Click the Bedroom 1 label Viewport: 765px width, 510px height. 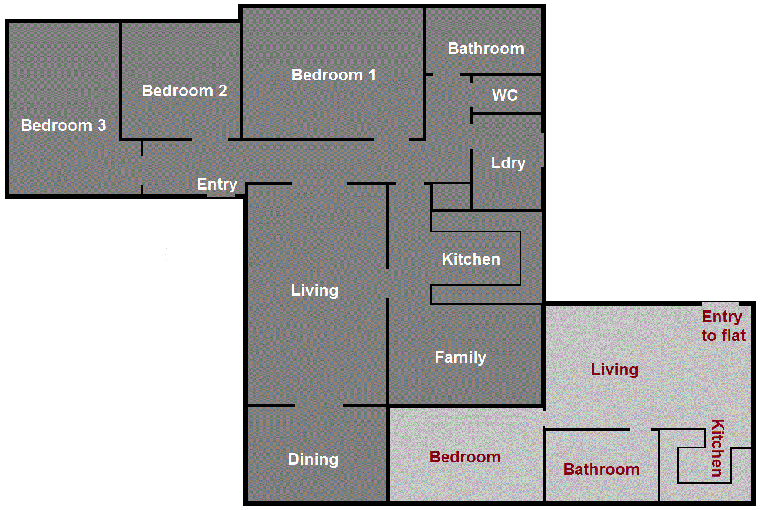333,75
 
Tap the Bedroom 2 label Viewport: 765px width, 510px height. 184,91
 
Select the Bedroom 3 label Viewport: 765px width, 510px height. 63,126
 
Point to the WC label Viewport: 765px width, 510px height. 505,95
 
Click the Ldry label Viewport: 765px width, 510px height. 508,163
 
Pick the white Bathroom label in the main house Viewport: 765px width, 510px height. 486,49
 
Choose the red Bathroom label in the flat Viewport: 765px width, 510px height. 601,470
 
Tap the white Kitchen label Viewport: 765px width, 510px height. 471,259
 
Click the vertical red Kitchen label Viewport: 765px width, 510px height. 717,447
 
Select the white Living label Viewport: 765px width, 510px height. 315,291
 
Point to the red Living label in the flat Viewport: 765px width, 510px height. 614,370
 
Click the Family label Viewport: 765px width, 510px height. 460,357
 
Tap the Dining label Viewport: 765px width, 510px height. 313,460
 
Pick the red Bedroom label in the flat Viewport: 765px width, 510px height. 465,457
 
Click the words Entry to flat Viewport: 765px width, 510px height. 723,326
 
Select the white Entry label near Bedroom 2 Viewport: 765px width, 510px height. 217,184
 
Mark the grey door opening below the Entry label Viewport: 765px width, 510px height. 221,194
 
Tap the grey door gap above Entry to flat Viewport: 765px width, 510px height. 720,303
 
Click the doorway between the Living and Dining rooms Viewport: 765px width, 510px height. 319,405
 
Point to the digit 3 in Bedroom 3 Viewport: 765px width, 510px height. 102,126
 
